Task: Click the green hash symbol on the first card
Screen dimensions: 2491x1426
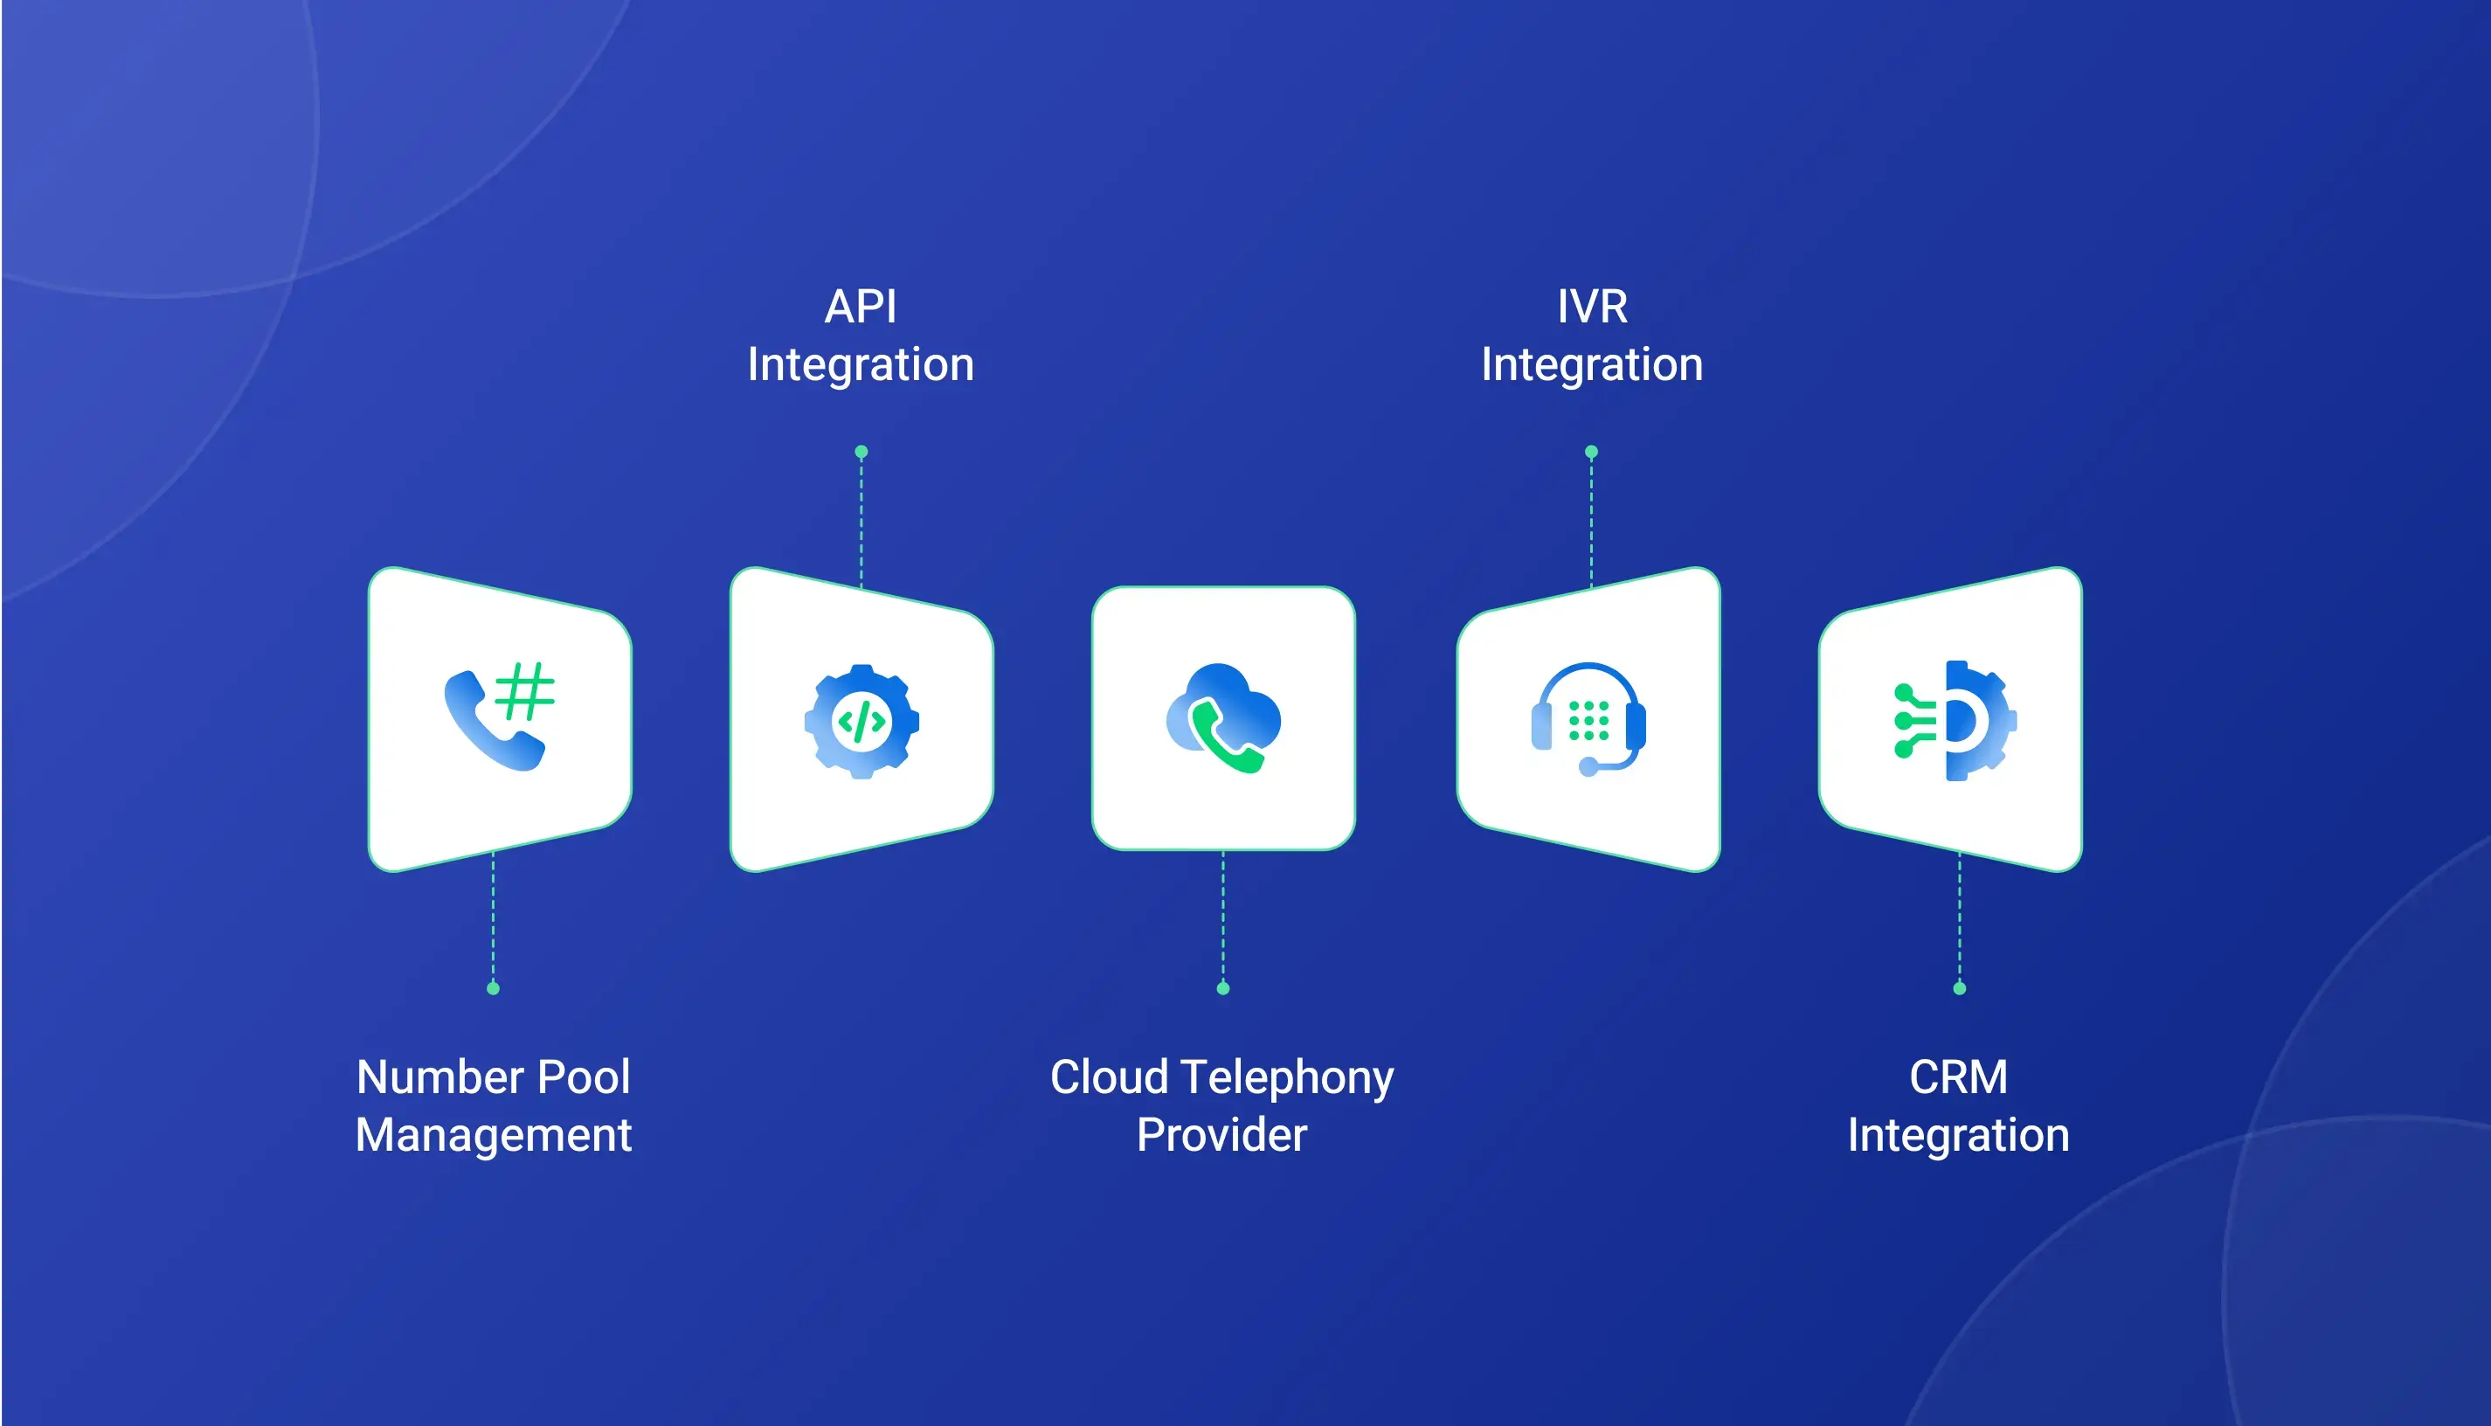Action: (x=525, y=691)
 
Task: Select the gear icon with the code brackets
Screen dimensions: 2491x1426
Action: (x=861, y=722)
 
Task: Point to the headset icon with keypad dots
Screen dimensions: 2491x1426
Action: (x=1589, y=720)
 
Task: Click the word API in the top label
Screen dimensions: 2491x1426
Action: (x=861, y=307)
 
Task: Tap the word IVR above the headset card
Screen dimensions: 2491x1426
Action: (x=1592, y=307)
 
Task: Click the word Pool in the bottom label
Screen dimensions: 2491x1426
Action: (x=584, y=1077)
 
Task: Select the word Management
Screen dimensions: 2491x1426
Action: (x=494, y=1136)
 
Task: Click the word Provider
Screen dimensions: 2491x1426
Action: (x=1222, y=1135)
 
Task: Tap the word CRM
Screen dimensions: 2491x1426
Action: (x=1958, y=1077)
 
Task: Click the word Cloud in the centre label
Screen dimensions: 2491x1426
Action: (x=1110, y=1077)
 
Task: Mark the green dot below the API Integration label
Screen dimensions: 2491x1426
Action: (x=861, y=453)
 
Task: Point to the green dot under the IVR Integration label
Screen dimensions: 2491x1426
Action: (x=1591, y=453)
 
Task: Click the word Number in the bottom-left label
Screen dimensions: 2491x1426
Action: (x=439, y=1077)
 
